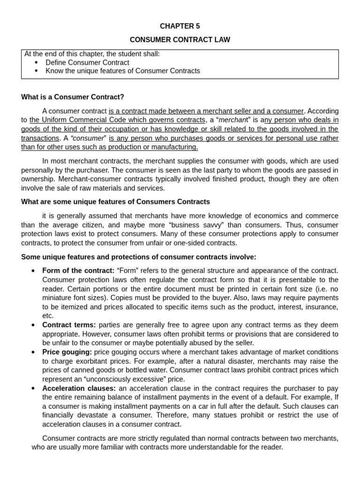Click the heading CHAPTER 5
pyautogui.click(x=180, y=26)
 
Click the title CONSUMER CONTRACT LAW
pyautogui.click(x=180, y=40)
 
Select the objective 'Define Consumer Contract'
pyautogui.click(x=87, y=62)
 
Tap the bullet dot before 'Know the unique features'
pyautogui.click(x=37, y=71)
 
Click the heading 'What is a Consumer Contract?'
pyautogui.click(x=73, y=97)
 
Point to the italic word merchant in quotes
pyautogui.click(x=234, y=120)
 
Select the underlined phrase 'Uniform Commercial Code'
pyautogui.click(x=80, y=120)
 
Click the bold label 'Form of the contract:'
pyautogui.click(x=78, y=270)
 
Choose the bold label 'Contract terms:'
pyautogui.click(x=69, y=325)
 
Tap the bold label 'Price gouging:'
pyautogui.click(x=67, y=352)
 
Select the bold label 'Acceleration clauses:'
pyautogui.click(x=79, y=389)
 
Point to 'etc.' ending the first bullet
pyautogui.click(x=48, y=315)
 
